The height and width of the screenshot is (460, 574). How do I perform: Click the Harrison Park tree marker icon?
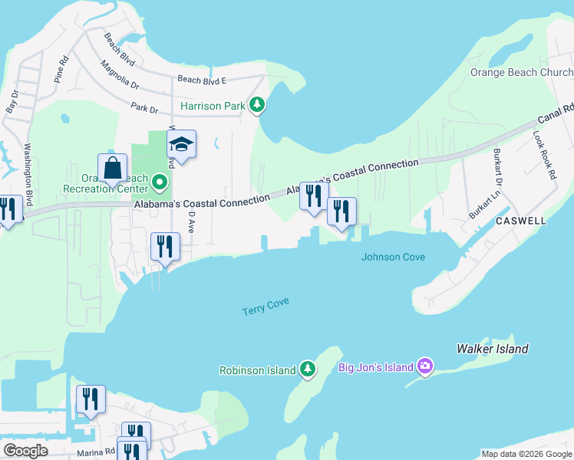click(x=259, y=105)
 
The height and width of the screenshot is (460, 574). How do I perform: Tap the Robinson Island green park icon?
click(x=308, y=370)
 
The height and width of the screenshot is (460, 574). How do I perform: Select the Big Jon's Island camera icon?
click(x=425, y=367)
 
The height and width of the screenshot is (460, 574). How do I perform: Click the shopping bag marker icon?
click(x=112, y=168)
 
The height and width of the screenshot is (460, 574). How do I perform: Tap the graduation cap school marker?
click(x=181, y=144)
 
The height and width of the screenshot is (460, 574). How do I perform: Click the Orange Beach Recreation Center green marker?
click(x=160, y=182)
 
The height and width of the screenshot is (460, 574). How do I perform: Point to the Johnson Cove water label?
click(x=393, y=258)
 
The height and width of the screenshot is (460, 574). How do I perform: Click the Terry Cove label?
click(x=266, y=307)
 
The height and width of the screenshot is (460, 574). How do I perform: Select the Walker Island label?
click(x=492, y=349)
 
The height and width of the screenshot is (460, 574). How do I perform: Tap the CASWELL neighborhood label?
click(x=520, y=221)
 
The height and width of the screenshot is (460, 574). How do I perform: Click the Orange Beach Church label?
click(x=522, y=73)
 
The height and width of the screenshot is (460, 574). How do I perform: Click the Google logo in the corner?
click(x=25, y=450)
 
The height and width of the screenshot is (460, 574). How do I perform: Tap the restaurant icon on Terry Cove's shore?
click(x=165, y=247)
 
